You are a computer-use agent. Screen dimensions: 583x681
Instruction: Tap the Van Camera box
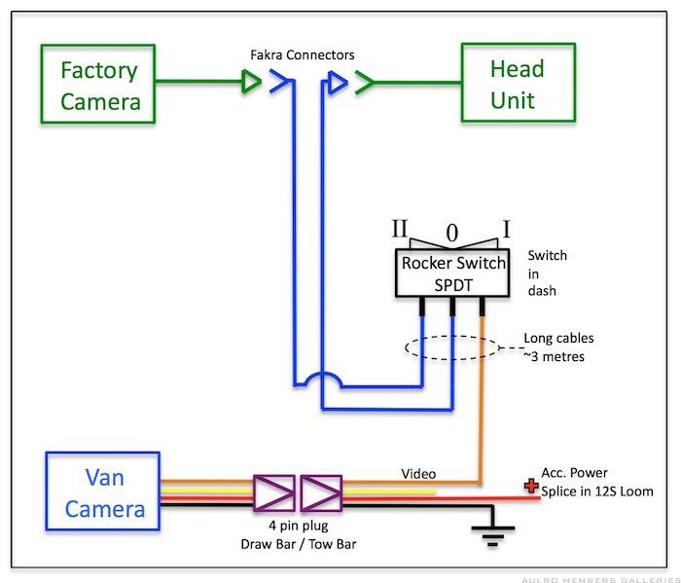tap(103, 492)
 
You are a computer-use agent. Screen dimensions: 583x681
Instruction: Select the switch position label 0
tap(450, 234)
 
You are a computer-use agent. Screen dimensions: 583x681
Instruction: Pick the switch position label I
tap(507, 230)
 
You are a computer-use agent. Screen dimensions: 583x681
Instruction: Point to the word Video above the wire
tap(418, 474)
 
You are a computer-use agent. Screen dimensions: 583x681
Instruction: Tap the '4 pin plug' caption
tap(298, 527)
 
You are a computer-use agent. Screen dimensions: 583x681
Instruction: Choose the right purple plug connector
tap(321, 493)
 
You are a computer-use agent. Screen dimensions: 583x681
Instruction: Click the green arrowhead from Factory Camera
tap(250, 85)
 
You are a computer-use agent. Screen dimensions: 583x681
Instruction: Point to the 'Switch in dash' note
tap(547, 273)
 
